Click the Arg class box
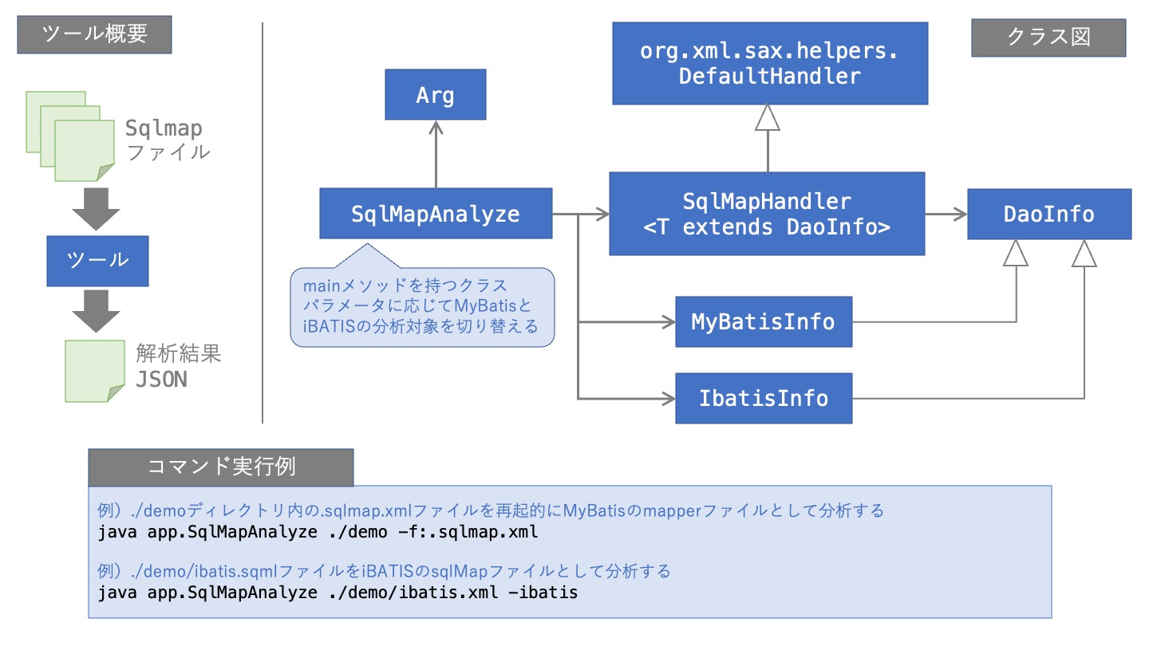[435, 96]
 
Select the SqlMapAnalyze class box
[435, 214]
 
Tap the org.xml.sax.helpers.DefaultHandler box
[769, 64]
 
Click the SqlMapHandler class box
[766, 214]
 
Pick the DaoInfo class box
[1048, 214]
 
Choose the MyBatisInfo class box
[763, 322]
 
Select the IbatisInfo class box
[763, 398]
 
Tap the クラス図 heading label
[1048, 37]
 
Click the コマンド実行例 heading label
[220, 467]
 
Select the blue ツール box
[97, 261]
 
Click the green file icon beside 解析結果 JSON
[94, 371]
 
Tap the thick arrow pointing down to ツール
[96, 209]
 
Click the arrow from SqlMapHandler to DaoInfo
[946, 214]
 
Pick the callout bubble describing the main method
[421, 307]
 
